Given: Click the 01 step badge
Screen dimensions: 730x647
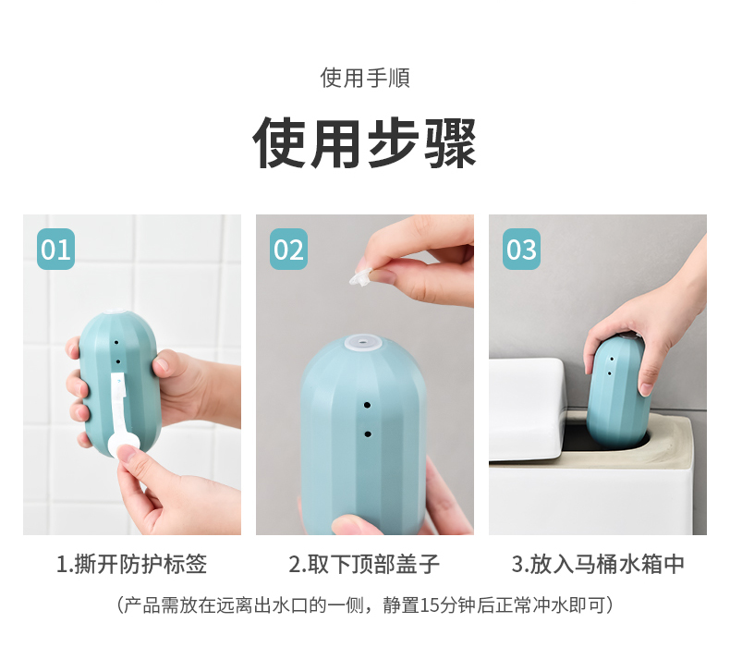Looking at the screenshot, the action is pyautogui.click(x=55, y=249).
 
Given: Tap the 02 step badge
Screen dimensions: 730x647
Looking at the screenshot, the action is pyautogui.click(x=288, y=249).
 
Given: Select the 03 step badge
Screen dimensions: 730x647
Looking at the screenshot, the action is pyautogui.click(x=521, y=249).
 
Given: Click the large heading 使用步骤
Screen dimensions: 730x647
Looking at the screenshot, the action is pyautogui.click(x=364, y=143).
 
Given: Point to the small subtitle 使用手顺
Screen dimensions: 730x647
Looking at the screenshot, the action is pyautogui.click(x=365, y=78).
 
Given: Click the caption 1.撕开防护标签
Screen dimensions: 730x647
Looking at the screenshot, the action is pyautogui.click(x=132, y=564).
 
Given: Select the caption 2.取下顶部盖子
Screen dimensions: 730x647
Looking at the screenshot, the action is pyautogui.click(x=364, y=564).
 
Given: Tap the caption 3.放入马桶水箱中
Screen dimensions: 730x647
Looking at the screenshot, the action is pyautogui.click(x=598, y=564).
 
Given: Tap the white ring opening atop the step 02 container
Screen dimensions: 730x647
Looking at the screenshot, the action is pyautogui.click(x=363, y=344).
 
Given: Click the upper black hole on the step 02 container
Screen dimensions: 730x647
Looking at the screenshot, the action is pyautogui.click(x=367, y=405).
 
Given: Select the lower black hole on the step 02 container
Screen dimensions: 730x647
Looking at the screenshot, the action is pyautogui.click(x=368, y=434).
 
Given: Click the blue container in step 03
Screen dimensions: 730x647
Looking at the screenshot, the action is pyautogui.click(x=615, y=392).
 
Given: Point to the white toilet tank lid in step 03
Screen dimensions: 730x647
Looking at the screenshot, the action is pyautogui.click(x=527, y=409).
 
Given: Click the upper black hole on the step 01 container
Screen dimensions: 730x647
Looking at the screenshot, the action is pyautogui.click(x=116, y=342).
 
